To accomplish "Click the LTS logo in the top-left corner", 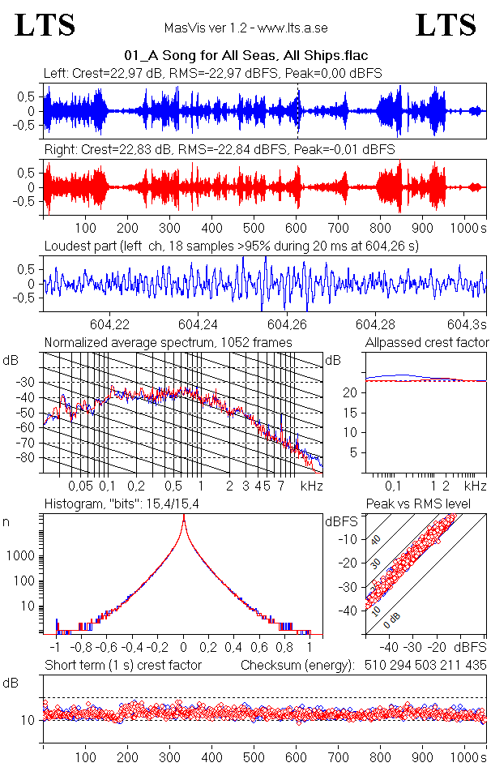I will [45, 25].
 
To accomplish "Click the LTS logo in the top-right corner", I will [445, 25].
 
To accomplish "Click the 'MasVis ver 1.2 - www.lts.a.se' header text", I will [245, 28].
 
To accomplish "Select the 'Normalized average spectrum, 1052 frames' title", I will [168, 343].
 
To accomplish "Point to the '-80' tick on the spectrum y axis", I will [27, 458].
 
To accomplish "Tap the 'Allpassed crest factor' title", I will [427, 343].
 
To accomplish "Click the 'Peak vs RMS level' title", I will [429, 504].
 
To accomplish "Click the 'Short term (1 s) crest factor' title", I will [122, 666].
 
